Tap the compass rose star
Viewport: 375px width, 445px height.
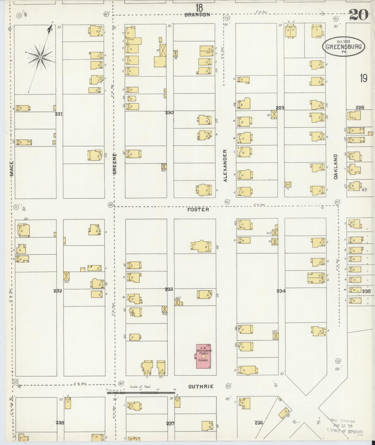click(x=40, y=57)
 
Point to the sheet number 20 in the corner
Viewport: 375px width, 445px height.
click(x=359, y=15)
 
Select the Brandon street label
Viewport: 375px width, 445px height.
click(x=197, y=15)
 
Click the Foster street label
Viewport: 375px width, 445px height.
click(x=198, y=209)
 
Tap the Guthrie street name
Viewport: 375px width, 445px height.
click(x=201, y=387)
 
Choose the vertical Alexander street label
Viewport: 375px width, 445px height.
click(x=225, y=165)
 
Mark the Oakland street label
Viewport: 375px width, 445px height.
click(x=336, y=166)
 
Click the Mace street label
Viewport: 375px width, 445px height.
click(x=11, y=169)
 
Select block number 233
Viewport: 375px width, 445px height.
click(x=169, y=289)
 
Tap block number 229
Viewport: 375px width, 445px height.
click(x=280, y=108)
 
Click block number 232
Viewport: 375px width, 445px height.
click(x=58, y=291)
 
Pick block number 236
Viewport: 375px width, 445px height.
click(x=259, y=423)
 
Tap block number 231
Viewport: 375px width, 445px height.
click(x=59, y=114)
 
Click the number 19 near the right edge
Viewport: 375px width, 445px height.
click(x=363, y=78)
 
